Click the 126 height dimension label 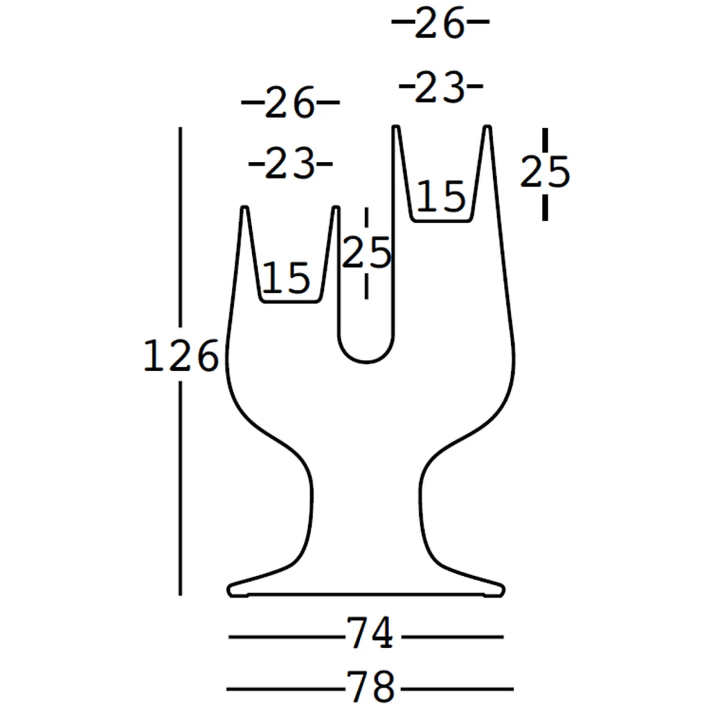click(x=181, y=355)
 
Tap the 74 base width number click(x=369, y=633)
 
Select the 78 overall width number click(x=370, y=686)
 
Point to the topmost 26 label click(x=439, y=23)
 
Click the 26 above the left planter click(x=289, y=103)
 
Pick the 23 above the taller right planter click(x=439, y=87)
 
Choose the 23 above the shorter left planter click(x=289, y=163)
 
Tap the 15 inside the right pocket click(x=441, y=196)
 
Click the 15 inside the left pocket click(x=286, y=277)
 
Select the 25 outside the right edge click(x=545, y=172)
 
